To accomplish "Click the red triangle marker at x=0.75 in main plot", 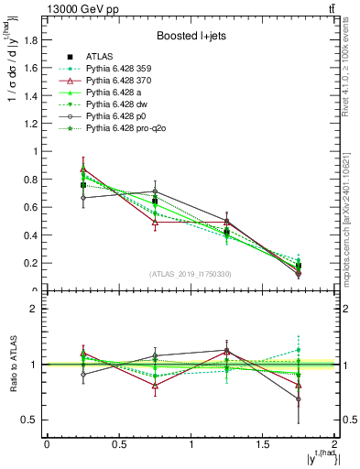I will pos(155,222).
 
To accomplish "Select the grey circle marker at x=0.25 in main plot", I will pos(83,198).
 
